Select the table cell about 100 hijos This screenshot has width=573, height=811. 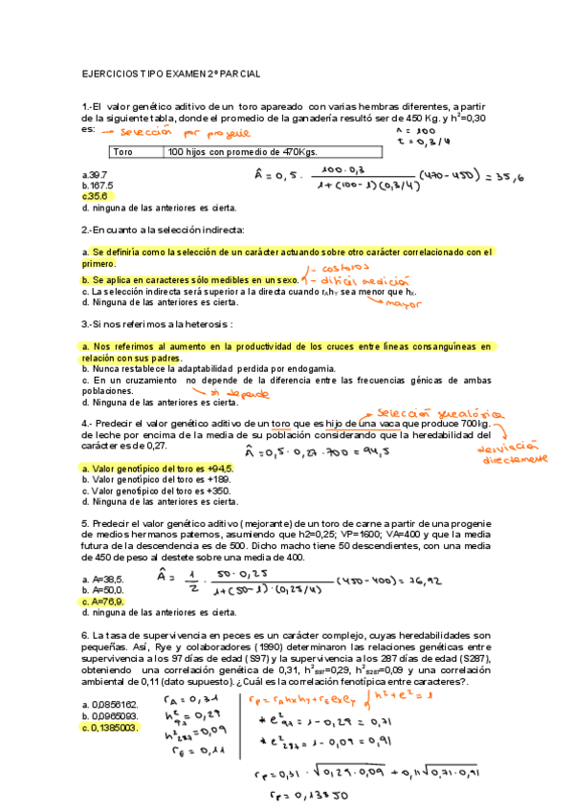pyautogui.click(x=242, y=152)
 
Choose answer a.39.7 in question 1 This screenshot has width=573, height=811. pyautogui.click(x=95, y=174)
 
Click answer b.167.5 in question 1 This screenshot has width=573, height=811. pyautogui.click(x=99, y=185)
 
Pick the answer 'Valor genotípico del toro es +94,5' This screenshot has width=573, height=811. pyautogui.click(x=157, y=469)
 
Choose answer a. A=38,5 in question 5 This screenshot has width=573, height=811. pyautogui.click(x=103, y=580)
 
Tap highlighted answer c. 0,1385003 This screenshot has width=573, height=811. pyautogui.click(x=111, y=727)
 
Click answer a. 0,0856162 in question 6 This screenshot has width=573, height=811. pyautogui.click(x=111, y=704)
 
